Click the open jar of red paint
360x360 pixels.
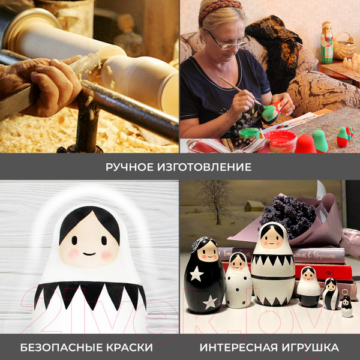tap(281, 142)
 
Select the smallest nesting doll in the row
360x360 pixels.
tap(347, 307)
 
